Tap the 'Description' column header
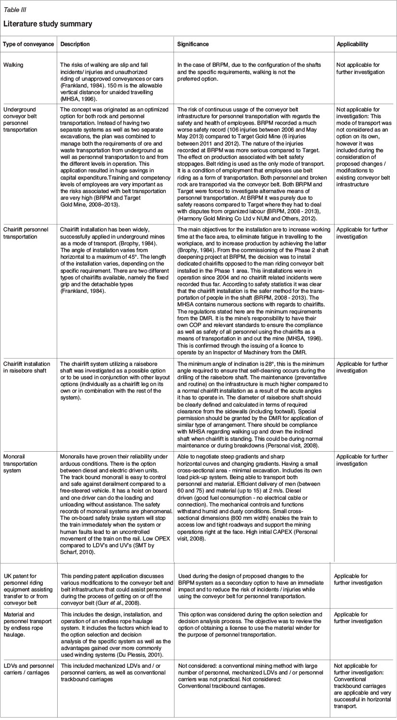tap(75, 44)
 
